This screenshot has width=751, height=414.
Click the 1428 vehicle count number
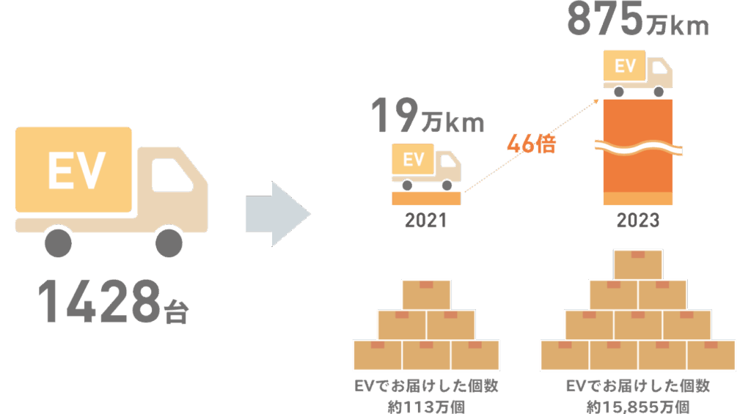[99, 301]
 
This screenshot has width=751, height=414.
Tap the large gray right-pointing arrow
[278, 214]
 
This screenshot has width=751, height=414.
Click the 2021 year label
[426, 221]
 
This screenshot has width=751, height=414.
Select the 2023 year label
[637, 221]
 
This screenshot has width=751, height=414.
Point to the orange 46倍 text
[531, 144]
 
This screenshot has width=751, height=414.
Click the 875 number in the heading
[604, 18]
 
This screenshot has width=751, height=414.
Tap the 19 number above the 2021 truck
[395, 115]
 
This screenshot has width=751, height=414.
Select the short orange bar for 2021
[426, 198]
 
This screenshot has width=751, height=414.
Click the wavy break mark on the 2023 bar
[639, 148]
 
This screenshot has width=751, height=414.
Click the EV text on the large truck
[76, 171]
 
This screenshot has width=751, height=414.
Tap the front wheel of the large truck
[169, 243]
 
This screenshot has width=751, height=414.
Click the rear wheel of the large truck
[58, 243]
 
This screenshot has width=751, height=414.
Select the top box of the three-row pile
[426, 295]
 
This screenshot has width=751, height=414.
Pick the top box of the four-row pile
[638, 265]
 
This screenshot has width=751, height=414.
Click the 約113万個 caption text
[426, 407]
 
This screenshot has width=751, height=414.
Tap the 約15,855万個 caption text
[638, 407]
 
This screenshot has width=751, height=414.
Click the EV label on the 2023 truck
[625, 65]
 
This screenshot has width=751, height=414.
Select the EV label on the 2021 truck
[414, 160]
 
